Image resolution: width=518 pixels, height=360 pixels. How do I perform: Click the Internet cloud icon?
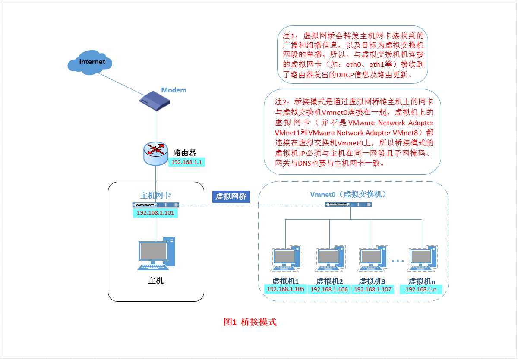pos(90,62)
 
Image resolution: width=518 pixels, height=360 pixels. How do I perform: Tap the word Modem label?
pos(174,90)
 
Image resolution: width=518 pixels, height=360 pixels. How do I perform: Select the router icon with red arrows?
pos(155,152)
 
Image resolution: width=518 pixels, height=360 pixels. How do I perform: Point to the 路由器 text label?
pos(185,152)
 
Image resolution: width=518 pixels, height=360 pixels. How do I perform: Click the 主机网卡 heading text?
pos(156,195)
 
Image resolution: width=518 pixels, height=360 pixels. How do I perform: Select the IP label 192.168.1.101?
pos(155,213)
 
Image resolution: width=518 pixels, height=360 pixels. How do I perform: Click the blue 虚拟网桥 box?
pos(231,197)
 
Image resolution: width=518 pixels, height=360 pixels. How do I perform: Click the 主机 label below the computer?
pos(156,281)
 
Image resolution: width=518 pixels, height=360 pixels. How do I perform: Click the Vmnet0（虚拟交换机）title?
pos(348,194)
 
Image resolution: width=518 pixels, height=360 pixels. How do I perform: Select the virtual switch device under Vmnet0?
pos(348,205)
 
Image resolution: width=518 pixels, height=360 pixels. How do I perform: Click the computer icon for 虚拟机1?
pos(286,259)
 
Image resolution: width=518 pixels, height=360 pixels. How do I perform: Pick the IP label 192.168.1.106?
pos(329,290)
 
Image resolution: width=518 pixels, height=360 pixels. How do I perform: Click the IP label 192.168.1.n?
pos(421,290)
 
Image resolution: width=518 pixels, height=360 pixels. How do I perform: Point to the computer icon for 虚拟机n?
pos(422,259)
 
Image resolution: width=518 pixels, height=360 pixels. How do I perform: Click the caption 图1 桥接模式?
pos(250,322)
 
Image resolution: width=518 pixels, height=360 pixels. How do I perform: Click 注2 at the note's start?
pos(283,102)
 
